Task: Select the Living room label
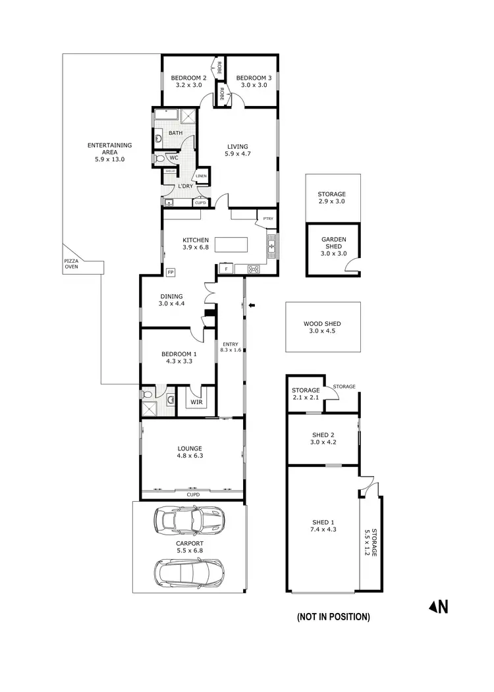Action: (x=238, y=146)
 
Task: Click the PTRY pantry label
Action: (x=267, y=219)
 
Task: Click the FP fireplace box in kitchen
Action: (x=171, y=272)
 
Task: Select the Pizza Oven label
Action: (x=70, y=264)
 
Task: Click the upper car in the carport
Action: (x=189, y=521)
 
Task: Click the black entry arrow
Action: (x=251, y=305)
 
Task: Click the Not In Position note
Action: (x=333, y=617)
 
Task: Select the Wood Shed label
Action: (x=322, y=324)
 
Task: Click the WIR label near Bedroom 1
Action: (x=196, y=402)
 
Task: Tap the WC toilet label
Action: (x=174, y=158)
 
